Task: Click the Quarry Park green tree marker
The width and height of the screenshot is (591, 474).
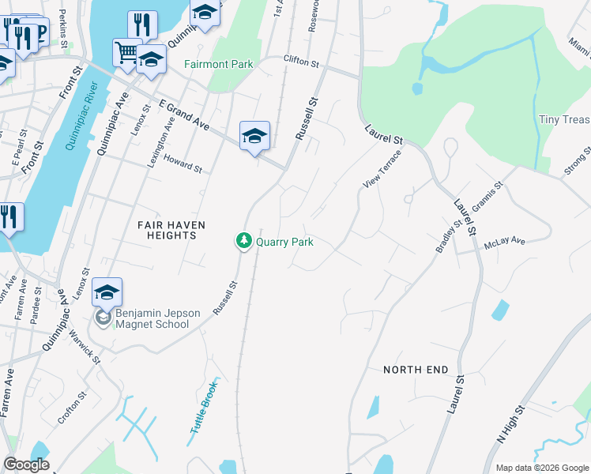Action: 245,241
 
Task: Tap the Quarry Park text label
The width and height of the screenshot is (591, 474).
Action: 284,242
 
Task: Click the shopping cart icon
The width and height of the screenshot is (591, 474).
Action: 126,53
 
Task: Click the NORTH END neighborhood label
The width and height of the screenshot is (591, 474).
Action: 416,370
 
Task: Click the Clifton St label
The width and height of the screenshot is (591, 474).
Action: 300,61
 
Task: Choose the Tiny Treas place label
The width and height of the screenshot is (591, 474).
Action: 564,120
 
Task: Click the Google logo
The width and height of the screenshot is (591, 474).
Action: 26,465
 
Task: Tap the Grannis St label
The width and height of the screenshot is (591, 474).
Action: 487,198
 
